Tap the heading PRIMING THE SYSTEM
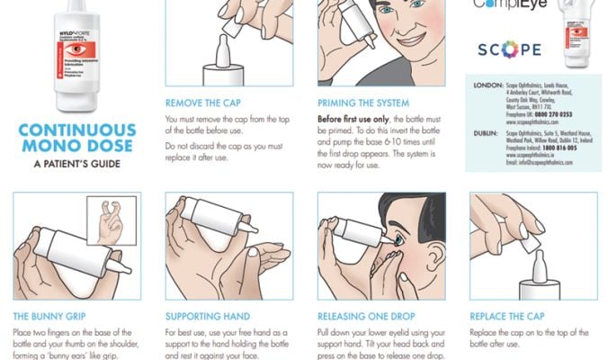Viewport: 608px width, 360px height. pyautogui.click(x=363, y=103)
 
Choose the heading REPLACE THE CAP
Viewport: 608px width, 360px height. pyautogui.click(x=509, y=317)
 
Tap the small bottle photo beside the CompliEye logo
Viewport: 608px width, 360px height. pyautogui.click(x=579, y=36)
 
